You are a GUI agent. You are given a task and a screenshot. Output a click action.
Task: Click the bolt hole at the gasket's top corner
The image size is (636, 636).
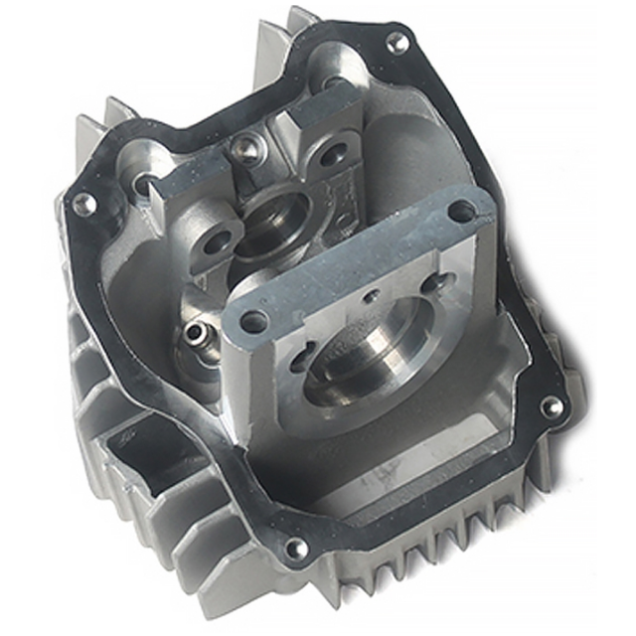[x=396, y=42]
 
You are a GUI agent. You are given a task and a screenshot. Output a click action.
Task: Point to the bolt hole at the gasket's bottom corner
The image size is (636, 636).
[x=295, y=548]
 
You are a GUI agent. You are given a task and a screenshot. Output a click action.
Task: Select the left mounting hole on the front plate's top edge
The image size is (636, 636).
[x=254, y=322]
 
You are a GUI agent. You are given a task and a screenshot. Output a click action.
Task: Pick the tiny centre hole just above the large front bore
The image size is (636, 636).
[x=370, y=295]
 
